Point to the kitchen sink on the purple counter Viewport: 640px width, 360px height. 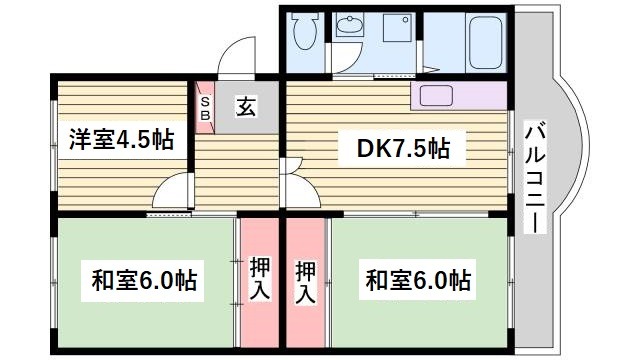point(435,97)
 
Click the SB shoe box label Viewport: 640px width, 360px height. point(205,107)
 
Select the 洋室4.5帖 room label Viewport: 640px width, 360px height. point(121,139)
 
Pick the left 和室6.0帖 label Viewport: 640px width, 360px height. point(146,279)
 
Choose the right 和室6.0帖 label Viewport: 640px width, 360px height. point(418,279)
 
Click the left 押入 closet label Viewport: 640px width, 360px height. point(259,279)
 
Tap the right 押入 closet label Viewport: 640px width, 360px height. point(307,279)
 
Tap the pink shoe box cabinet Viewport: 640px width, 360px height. point(205,107)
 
